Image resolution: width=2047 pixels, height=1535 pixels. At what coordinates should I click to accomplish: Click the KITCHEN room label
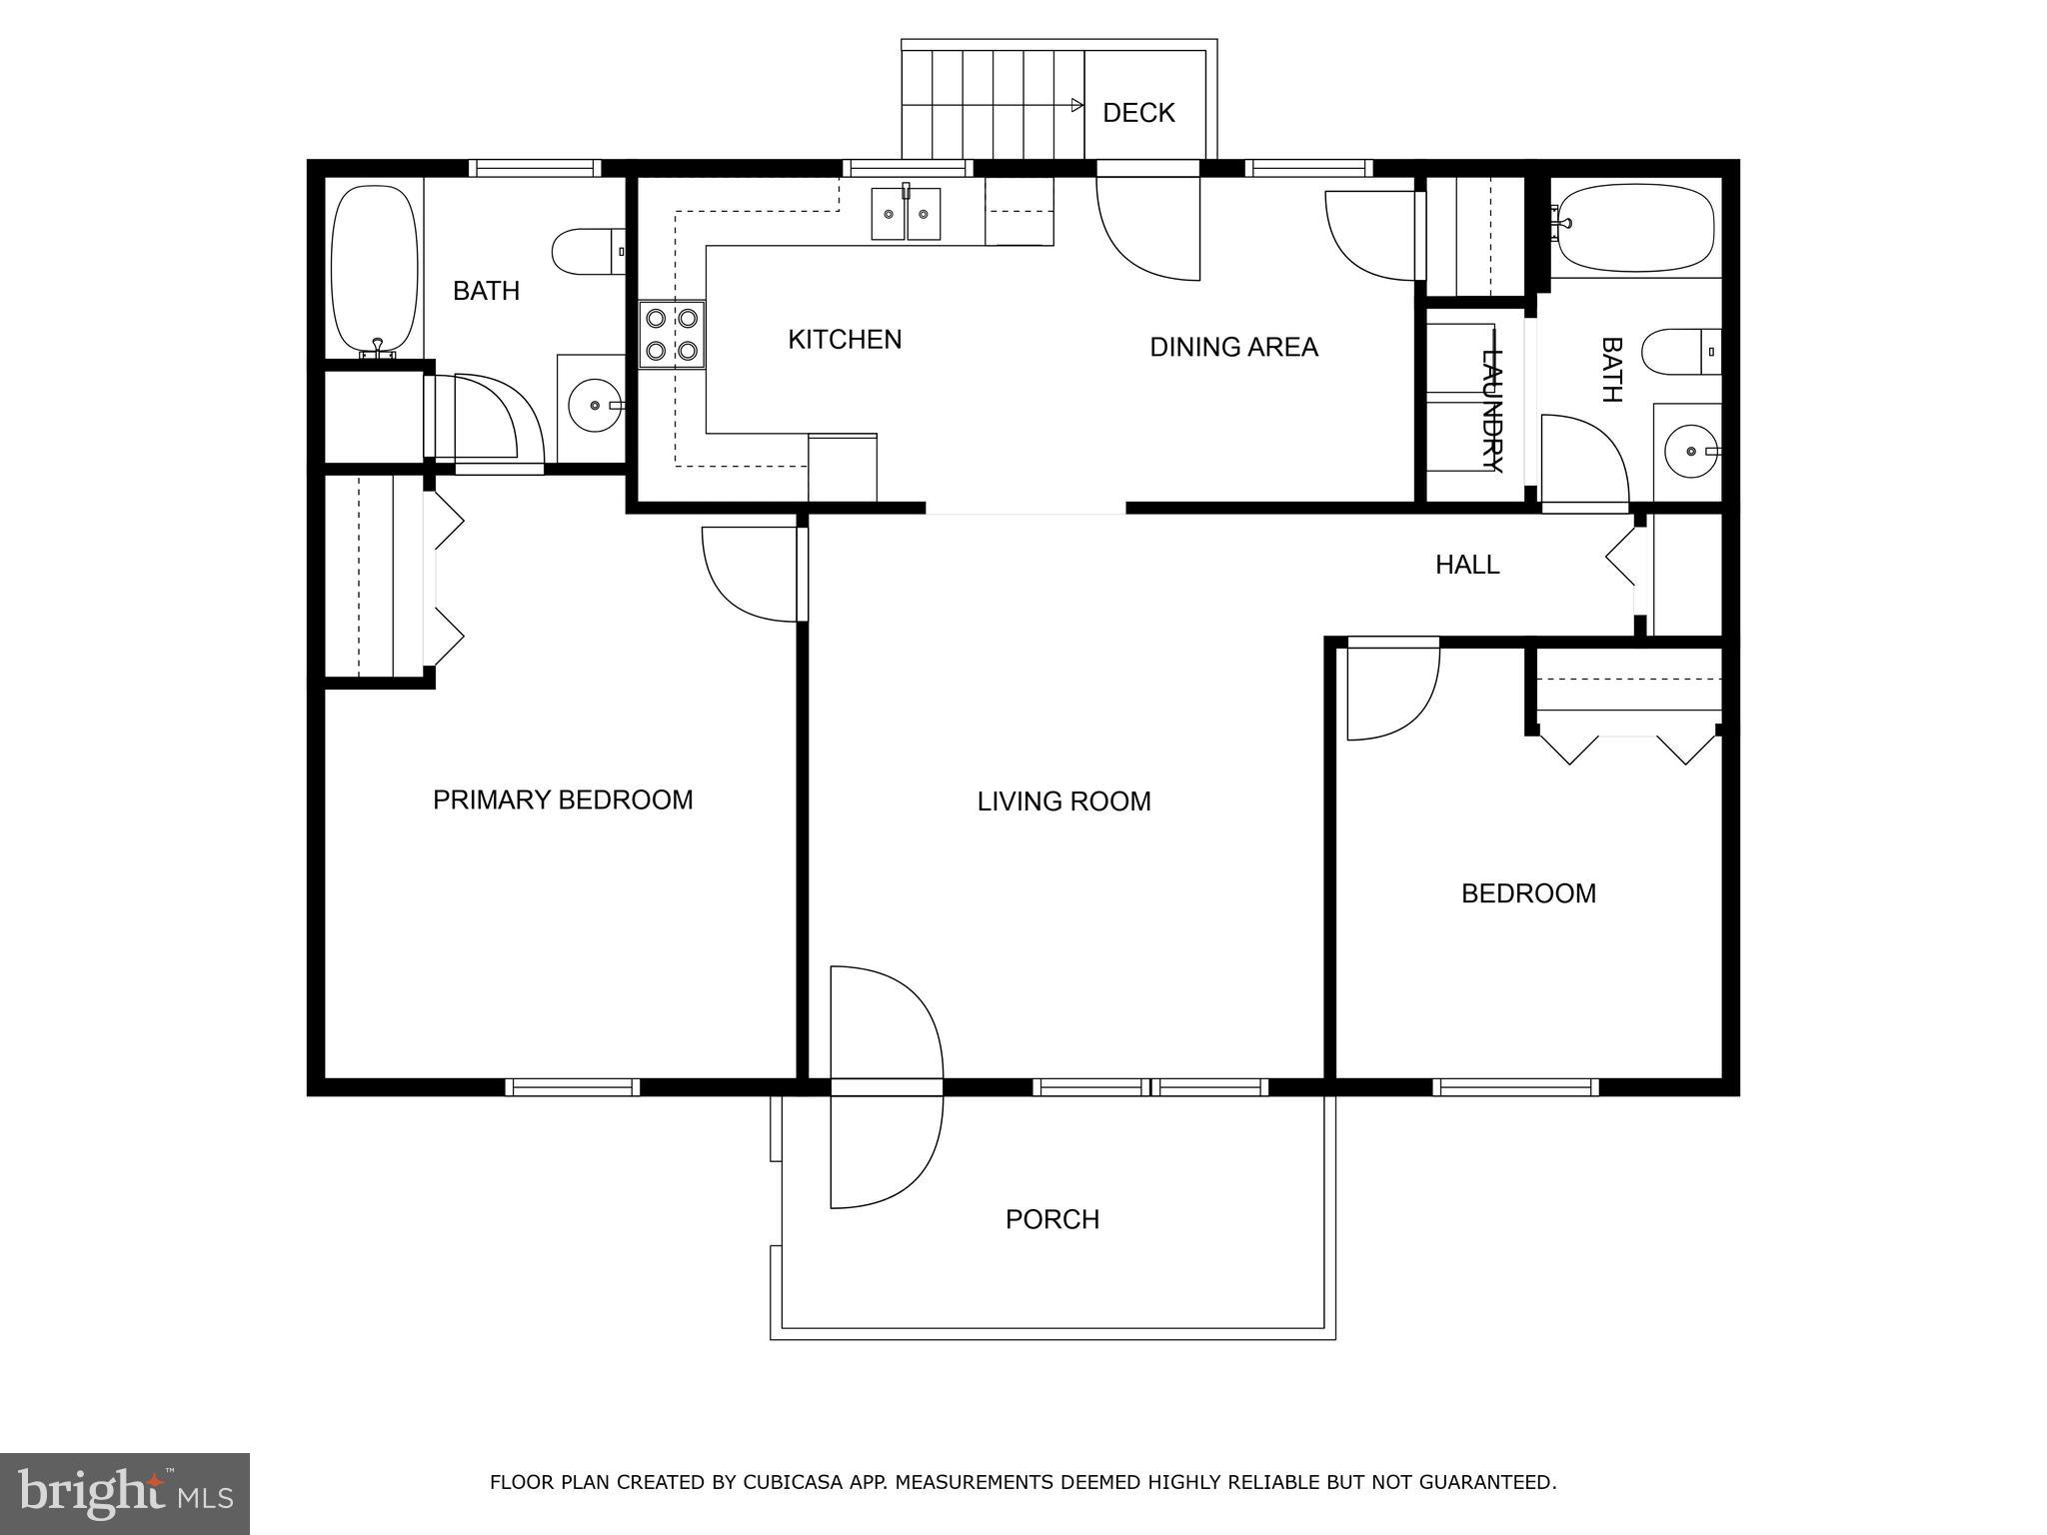(x=845, y=340)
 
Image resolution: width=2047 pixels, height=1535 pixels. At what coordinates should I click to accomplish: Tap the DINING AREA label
(x=1233, y=347)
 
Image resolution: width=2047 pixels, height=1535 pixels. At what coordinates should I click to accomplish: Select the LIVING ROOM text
(x=1063, y=801)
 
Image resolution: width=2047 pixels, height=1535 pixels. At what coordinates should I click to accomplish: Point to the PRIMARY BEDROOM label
(x=563, y=799)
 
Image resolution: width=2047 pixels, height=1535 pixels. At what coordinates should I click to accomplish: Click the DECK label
(x=1138, y=113)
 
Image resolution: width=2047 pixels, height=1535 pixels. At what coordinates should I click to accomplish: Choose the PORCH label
(x=1052, y=1219)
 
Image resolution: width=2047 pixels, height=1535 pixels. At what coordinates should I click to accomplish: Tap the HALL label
(x=1467, y=565)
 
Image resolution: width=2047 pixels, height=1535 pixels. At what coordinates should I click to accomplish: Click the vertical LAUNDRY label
(x=1491, y=410)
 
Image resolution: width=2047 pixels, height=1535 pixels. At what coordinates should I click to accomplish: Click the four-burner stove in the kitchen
(x=672, y=335)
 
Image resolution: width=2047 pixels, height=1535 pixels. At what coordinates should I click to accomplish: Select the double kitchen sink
(x=906, y=214)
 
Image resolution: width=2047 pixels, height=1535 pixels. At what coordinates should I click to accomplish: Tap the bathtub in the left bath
(x=374, y=270)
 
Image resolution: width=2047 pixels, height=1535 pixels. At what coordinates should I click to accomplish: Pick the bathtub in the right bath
(x=1635, y=228)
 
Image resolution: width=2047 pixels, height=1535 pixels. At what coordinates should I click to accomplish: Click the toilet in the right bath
(x=1679, y=352)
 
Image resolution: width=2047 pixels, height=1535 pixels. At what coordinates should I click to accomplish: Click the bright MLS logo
(x=125, y=1493)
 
